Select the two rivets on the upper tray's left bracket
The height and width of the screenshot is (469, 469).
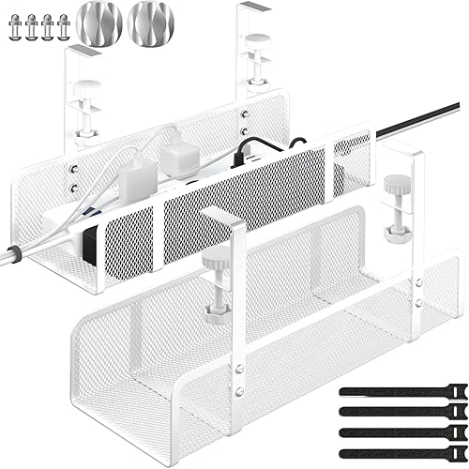pos(72,177)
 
